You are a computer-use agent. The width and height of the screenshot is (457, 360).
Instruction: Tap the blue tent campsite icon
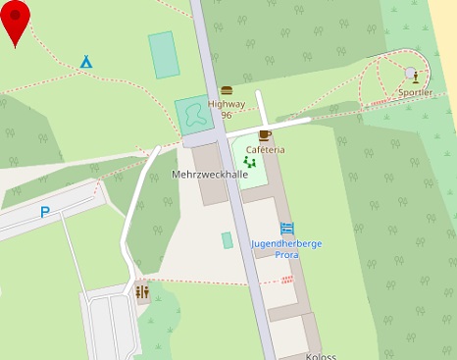(x=86, y=61)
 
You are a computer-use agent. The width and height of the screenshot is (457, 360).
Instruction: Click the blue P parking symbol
(x=45, y=212)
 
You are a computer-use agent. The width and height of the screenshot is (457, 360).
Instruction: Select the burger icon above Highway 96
(x=227, y=89)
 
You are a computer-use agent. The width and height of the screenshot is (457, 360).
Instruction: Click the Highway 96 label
(x=226, y=109)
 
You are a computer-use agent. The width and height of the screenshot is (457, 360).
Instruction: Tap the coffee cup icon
(x=265, y=134)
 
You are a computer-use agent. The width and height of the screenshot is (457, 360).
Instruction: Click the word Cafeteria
(x=265, y=150)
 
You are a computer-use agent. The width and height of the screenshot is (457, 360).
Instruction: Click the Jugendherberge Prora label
(x=287, y=248)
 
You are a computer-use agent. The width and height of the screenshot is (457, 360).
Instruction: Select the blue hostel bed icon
(x=287, y=228)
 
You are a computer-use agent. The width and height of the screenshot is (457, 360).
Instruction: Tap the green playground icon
(x=248, y=161)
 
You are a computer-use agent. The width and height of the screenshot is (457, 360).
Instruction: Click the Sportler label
(x=415, y=92)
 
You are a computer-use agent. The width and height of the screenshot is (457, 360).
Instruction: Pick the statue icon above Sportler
(x=415, y=76)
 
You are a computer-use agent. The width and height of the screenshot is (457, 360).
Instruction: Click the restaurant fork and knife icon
(x=143, y=291)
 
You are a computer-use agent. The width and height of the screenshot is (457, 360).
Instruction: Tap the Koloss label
(x=321, y=356)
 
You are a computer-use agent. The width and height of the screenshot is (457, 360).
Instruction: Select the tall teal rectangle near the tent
(x=163, y=54)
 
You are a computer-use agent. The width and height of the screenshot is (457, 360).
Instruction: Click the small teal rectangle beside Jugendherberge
(x=228, y=240)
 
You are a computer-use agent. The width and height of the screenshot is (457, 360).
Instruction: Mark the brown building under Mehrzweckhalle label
(x=213, y=191)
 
